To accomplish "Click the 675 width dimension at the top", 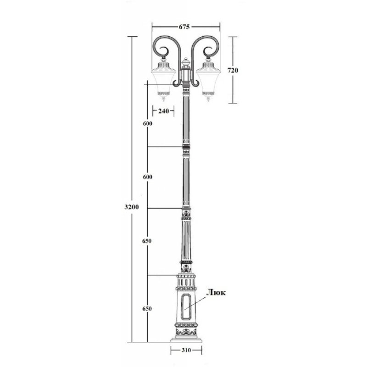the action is (184, 27).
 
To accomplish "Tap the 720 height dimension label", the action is (233, 70).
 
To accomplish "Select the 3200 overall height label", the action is (132, 207).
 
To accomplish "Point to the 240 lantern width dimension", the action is (163, 111).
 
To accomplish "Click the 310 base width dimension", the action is (186, 350).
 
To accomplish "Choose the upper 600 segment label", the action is (148, 123).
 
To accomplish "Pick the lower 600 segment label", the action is (148, 177).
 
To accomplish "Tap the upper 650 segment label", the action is (147, 241).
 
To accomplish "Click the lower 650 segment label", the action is (147, 309).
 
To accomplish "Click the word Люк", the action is (216, 293).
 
